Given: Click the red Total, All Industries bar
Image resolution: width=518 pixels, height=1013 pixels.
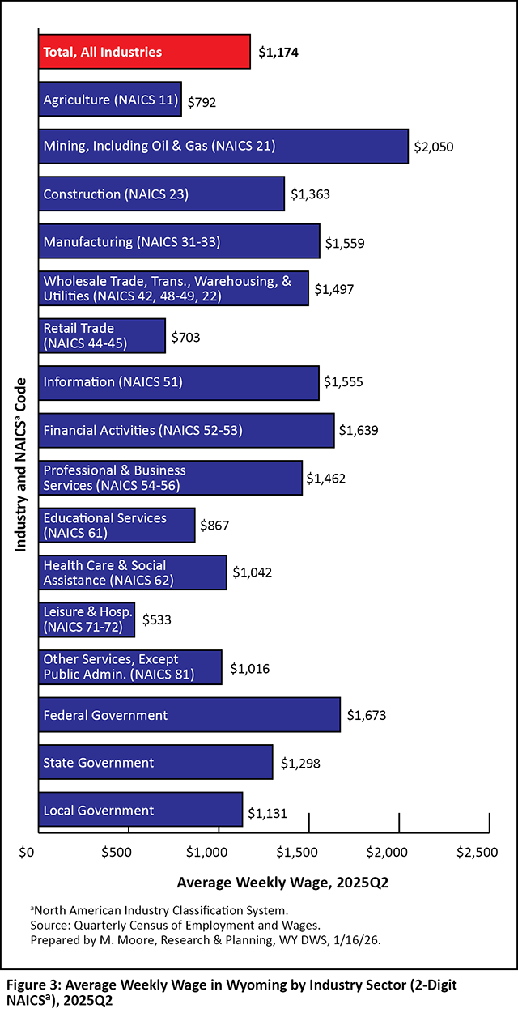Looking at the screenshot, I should pyautogui.click(x=144, y=52).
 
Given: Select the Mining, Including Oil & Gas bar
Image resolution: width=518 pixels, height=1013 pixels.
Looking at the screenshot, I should pyautogui.click(x=223, y=147).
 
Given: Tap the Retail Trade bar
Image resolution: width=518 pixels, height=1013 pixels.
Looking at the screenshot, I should pyautogui.click(x=102, y=336).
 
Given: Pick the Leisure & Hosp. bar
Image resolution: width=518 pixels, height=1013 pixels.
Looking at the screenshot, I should pyautogui.click(x=87, y=619).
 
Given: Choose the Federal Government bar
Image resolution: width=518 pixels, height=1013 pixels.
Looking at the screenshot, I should pyautogui.click(x=189, y=715).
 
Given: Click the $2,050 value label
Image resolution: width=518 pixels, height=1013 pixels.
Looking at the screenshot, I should pyautogui.click(x=434, y=147).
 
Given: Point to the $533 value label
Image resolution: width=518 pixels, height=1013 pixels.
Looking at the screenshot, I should pyautogui.click(x=157, y=620).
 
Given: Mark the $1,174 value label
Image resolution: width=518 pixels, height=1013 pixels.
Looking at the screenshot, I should pyautogui.click(x=279, y=53).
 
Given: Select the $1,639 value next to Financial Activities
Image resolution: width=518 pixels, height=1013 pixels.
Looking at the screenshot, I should pyautogui.click(x=359, y=431).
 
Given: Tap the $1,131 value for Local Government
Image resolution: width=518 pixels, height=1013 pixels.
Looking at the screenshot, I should pyautogui.click(x=268, y=811).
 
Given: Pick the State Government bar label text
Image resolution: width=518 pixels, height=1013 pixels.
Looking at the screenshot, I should pyautogui.click(x=98, y=763).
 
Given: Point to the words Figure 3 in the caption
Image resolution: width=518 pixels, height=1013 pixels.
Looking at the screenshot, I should pyautogui.click(x=33, y=985).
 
